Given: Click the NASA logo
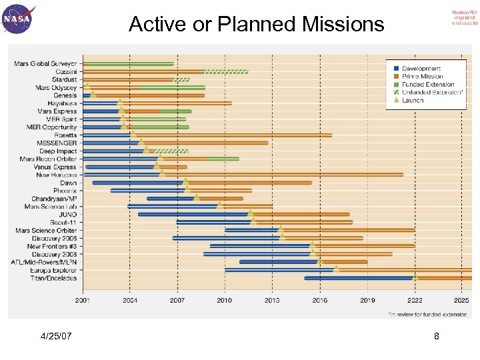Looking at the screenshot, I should [x=19, y=19].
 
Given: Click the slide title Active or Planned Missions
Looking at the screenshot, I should [x=257, y=25].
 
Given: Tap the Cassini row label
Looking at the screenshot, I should [x=65, y=71].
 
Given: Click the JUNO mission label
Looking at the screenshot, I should [x=67, y=215].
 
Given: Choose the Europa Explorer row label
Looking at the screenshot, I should [x=53, y=270].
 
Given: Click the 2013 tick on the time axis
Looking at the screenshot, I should [x=272, y=301].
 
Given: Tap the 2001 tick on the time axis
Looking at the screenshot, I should [x=83, y=301].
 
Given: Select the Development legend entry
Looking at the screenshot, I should [x=421, y=69].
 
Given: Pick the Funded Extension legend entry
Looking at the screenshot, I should [x=427, y=85].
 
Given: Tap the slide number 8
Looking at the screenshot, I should [x=436, y=337].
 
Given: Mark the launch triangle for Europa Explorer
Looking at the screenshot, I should [x=337, y=269].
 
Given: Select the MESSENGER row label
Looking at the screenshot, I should [x=57, y=143].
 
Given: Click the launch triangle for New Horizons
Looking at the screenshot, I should [x=163, y=173].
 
